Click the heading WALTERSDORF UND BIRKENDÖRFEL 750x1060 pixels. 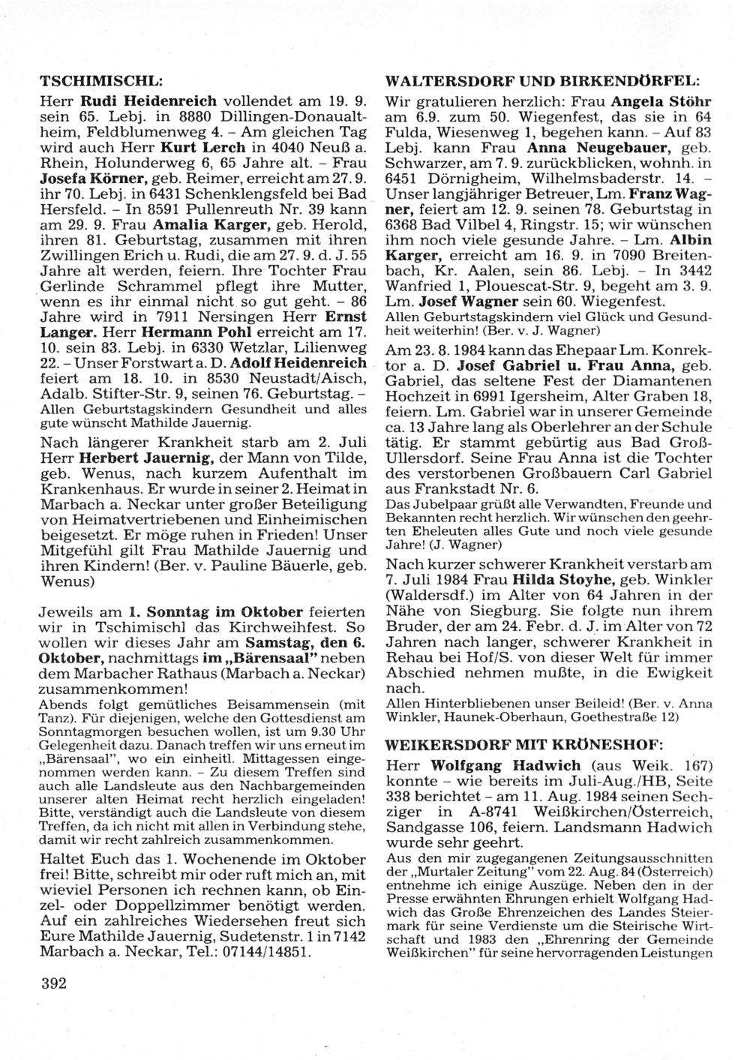pos(541,80)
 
